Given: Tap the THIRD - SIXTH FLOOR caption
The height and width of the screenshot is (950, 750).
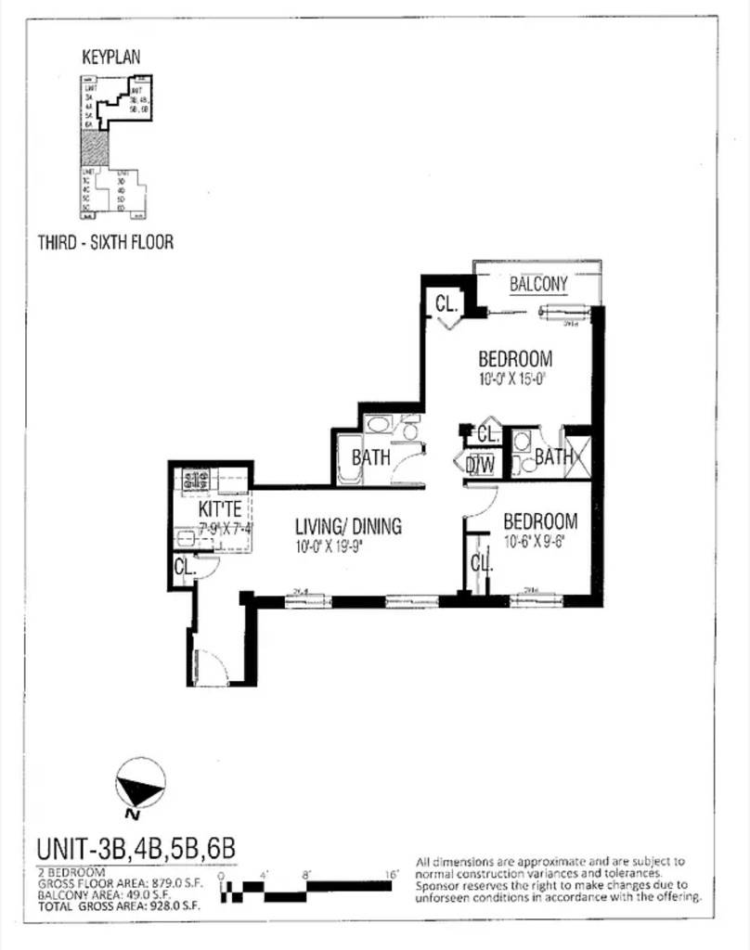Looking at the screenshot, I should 106,242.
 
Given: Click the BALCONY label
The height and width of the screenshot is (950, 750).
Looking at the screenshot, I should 538,284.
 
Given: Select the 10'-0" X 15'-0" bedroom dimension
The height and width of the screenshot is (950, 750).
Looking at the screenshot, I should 515,379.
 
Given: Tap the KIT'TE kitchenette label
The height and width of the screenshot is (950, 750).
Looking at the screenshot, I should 220,509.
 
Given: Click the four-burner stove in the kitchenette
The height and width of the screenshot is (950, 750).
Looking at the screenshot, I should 196,481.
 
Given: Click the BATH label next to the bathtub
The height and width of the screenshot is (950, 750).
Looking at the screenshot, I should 370,456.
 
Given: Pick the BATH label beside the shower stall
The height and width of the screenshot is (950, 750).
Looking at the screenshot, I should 553,456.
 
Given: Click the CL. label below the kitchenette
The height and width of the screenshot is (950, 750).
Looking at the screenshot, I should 184,567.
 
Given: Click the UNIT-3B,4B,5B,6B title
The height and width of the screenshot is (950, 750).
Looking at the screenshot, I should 136,848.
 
